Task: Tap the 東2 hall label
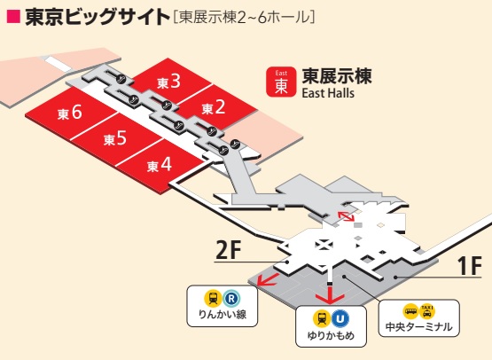pyautogui.click(x=214, y=107)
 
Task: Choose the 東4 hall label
pyautogui.click(x=160, y=164)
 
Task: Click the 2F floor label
pyautogui.click(x=229, y=251)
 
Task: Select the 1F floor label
pyautogui.click(x=469, y=264)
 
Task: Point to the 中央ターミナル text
pyautogui.click(x=418, y=328)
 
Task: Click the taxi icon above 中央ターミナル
pyautogui.click(x=427, y=311)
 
